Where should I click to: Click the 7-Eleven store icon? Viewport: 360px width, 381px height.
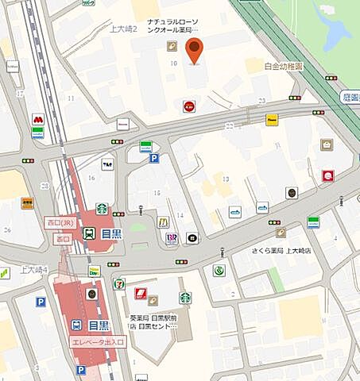pos(119,283)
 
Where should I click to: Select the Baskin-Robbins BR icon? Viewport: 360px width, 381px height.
pos(170,237)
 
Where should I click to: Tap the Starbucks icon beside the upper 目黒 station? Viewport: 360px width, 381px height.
pos(102,209)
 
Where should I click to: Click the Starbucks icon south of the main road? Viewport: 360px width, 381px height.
pos(185,298)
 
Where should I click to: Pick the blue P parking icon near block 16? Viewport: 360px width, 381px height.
pos(153,158)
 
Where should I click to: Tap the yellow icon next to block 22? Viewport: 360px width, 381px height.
pos(272,119)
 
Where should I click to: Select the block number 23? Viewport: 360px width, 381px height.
pos(261,100)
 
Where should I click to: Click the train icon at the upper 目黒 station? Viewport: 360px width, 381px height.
pos(88,233)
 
